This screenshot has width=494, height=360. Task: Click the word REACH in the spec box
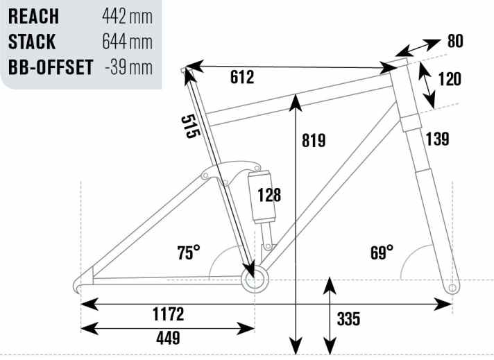coord(33,17)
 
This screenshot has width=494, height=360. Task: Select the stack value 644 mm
coord(127,42)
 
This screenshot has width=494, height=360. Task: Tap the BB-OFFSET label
coord(51,67)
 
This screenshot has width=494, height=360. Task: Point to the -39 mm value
coord(128,67)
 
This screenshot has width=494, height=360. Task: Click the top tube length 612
coord(242,77)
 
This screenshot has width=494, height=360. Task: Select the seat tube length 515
coord(190,126)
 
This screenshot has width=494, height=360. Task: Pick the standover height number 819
coord(314,141)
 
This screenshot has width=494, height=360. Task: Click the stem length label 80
coord(455,41)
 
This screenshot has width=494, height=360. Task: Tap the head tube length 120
coord(450,79)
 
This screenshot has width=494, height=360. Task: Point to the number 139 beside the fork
coord(438,139)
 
